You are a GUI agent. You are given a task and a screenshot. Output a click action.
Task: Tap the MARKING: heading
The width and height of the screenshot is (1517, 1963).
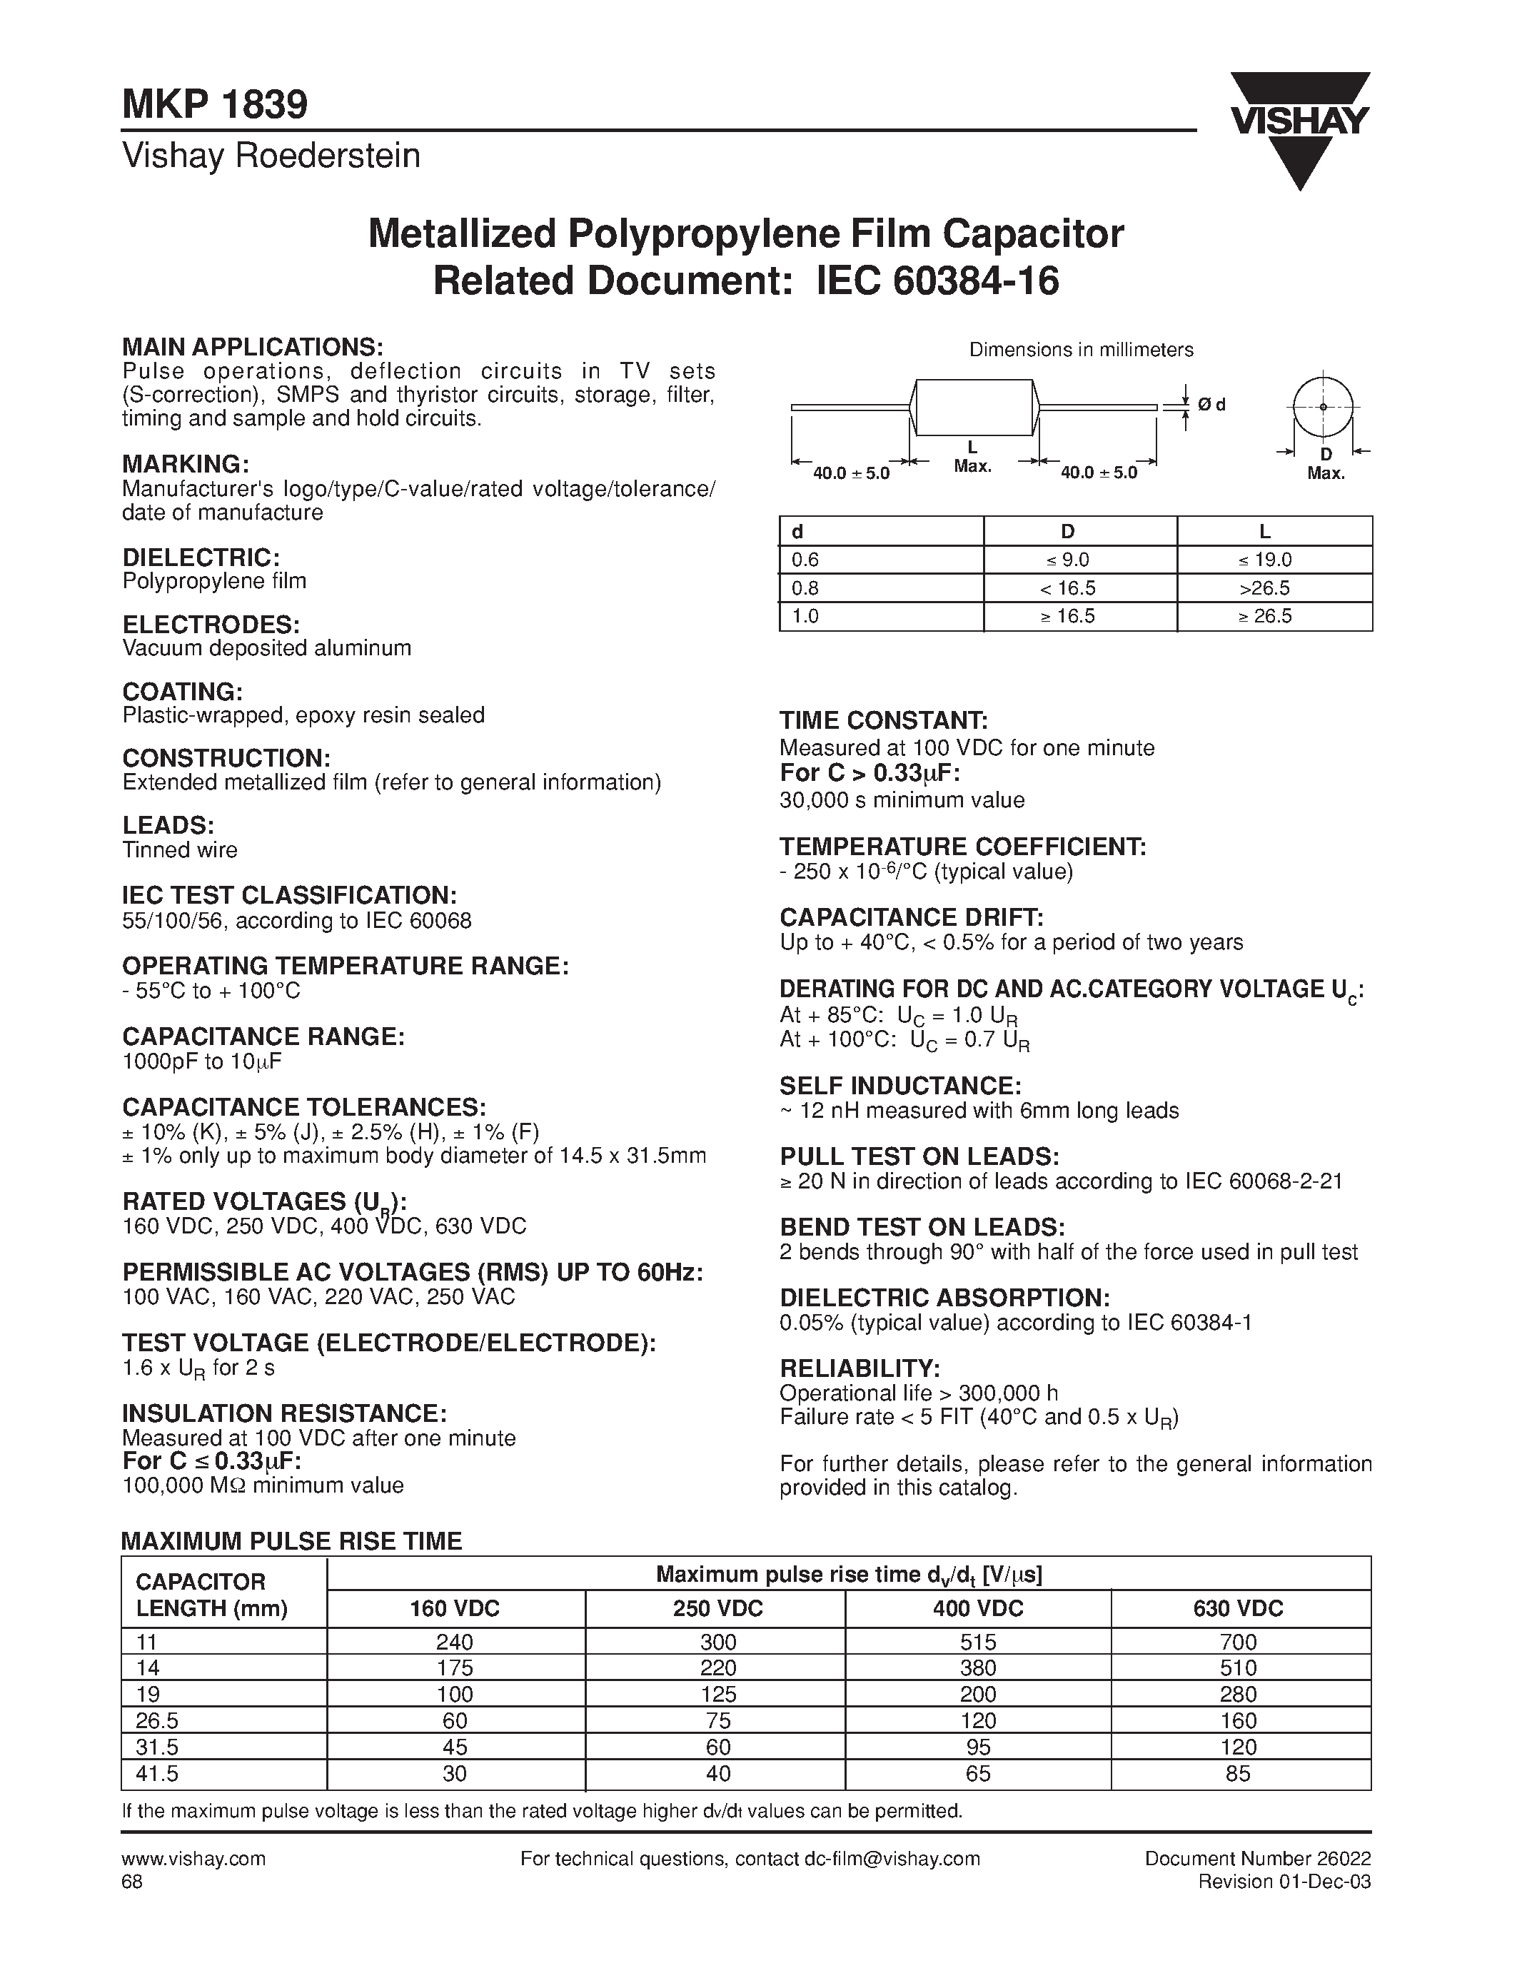click(x=185, y=464)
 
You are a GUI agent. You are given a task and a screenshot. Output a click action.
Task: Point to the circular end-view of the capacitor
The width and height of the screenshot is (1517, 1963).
click(x=1323, y=407)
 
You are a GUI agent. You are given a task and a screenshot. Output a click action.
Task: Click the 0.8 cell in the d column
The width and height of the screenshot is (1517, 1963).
click(x=805, y=589)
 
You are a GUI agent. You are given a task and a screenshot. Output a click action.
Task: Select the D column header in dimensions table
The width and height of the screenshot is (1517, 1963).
click(x=1068, y=531)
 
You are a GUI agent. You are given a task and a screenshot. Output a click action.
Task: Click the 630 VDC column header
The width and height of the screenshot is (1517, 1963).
click(x=1239, y=1608)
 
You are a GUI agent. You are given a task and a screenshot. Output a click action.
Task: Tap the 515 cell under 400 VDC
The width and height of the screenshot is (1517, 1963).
click(x=978, y=1642)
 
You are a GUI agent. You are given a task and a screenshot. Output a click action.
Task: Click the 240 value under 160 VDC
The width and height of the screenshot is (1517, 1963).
click(x=455, y=1642)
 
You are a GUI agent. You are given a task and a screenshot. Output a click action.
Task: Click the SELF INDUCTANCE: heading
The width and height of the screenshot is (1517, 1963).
click(x=899, y=1086)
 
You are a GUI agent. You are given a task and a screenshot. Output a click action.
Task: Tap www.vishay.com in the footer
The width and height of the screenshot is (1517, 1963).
click(x=193, y=1858)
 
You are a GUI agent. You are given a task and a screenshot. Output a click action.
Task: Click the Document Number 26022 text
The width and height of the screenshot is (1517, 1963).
click(x=1257, y=1858)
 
